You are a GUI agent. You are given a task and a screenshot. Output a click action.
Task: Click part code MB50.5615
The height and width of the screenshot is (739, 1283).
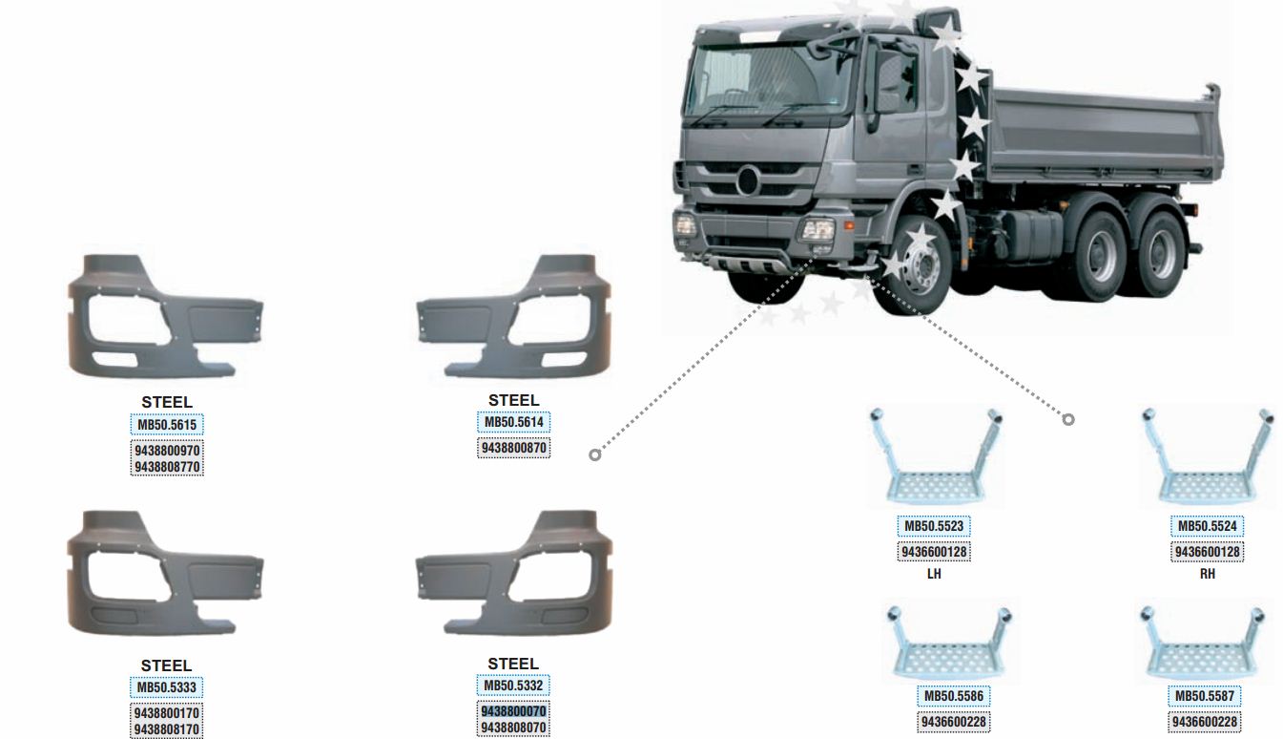click(167, 425)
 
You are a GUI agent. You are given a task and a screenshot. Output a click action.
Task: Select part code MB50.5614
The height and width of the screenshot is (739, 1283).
click(514, 423)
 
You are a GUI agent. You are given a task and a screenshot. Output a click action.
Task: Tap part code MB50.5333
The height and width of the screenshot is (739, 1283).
click(166, 687)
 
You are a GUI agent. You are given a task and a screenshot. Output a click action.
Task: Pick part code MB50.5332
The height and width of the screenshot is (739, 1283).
click(513, 686)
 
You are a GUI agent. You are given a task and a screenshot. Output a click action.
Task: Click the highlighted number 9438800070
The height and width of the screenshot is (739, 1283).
click(513, 711)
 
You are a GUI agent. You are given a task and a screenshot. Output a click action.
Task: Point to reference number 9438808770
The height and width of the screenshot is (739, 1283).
click(167, 467)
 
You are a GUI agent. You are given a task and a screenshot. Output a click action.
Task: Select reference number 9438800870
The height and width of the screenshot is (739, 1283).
click(514, 448)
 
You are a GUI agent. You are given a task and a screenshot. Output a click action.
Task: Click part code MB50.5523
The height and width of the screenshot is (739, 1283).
click(934, 526)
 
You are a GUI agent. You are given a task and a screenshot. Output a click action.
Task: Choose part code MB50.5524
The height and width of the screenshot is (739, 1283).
click(1207, 526)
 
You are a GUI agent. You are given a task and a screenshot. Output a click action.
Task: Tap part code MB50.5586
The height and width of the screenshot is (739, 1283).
click(953, 697)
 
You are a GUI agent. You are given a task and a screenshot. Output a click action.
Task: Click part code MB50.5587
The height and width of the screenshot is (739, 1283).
click(1205, 697)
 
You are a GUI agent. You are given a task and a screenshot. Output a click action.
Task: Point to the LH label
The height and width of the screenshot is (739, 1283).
click(934, 574)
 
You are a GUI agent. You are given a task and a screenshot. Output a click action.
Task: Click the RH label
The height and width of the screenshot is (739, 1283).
click(1207, 574)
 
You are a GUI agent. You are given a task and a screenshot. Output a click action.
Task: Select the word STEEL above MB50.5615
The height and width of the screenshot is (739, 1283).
click(167, 403)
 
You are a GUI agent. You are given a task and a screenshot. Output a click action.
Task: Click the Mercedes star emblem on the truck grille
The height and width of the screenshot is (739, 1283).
click(748, 180)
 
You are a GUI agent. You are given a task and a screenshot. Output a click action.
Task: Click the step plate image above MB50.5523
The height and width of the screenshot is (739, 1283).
click(936, 457)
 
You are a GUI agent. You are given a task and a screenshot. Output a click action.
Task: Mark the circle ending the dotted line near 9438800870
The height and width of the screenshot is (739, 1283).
click(595, 455)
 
